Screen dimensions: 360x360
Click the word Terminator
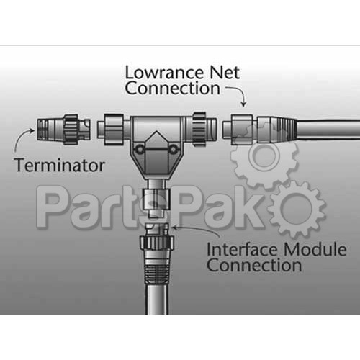[60, 165]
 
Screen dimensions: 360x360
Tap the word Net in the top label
[225, 73]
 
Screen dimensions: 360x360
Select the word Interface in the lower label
[242, 250]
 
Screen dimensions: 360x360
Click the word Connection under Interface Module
[254, 265]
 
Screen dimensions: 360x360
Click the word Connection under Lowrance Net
[172, 88]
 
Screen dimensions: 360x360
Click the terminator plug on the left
[64, 130]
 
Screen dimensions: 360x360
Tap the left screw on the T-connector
[139, 150]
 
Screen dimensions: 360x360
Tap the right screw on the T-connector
[173, 150]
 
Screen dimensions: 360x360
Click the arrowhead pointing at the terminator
[32, 131]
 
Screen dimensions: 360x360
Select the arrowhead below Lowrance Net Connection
[243, 104]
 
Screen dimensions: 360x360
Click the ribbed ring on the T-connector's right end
[199, 130]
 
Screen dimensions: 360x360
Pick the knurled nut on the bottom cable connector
[156, 243]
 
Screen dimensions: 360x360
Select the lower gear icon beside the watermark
[297, 209]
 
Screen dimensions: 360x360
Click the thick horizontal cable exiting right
[328, 130]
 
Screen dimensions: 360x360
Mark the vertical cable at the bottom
[157, 300]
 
